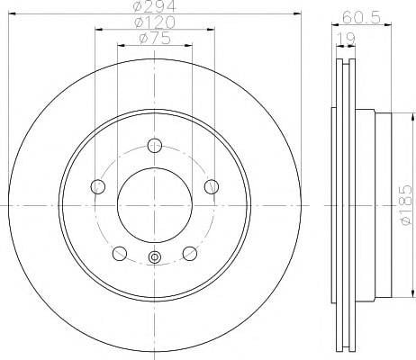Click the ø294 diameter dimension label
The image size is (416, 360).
click(x=155, y=6)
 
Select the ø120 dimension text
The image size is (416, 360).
click(x=155, y=22)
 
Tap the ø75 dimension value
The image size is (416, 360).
click(x=155, y=38)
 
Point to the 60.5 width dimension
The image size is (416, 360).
click(x=361, y=17)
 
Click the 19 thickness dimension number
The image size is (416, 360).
click(x=346, y=39)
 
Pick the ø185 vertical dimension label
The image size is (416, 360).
click(x=406, y=205)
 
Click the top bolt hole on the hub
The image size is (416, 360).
click(x=155, y=146)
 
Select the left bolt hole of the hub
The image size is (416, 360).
click(x=98, y=186)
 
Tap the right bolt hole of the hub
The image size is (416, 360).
click(x=212, y=186)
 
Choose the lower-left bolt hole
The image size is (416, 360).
click(x=120, y=254)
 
